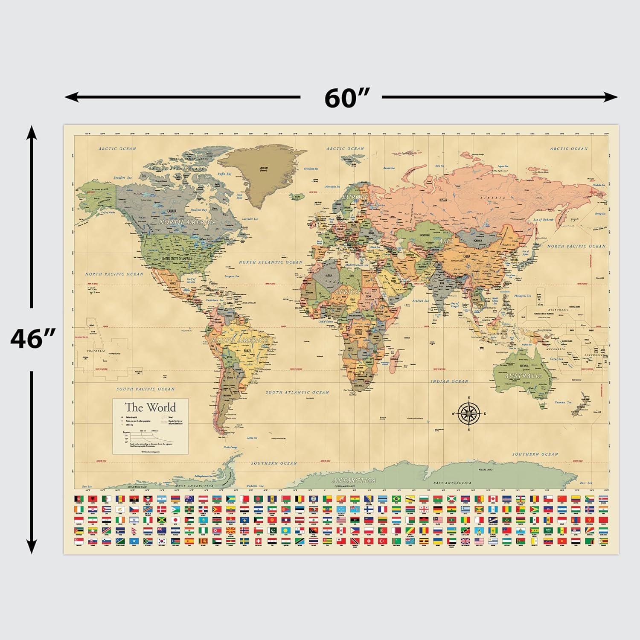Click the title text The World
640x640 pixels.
click(x=150, y=407)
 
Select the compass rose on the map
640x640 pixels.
click(x=469, y=413)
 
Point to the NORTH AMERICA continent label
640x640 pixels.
click(x=187, y=222)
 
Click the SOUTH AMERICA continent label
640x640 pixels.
click(x=240, y=340)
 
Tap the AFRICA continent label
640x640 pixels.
click(x=347, y=292)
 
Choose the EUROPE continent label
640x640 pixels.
click(x=355, y=197)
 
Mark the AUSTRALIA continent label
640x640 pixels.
click(x=524, y=376)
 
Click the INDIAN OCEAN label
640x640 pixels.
click(x=449, y=381)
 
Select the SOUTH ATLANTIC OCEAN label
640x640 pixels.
click(x=297, y=392)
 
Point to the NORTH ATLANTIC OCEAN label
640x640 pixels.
click(x=270, y=262)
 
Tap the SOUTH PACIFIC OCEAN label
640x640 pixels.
click(x=145, y=389)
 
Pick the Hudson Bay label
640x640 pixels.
click(x=198, y=210)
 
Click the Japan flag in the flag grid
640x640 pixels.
click(x=175, y=520)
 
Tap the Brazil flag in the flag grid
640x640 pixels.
click(x=396, y=498)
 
